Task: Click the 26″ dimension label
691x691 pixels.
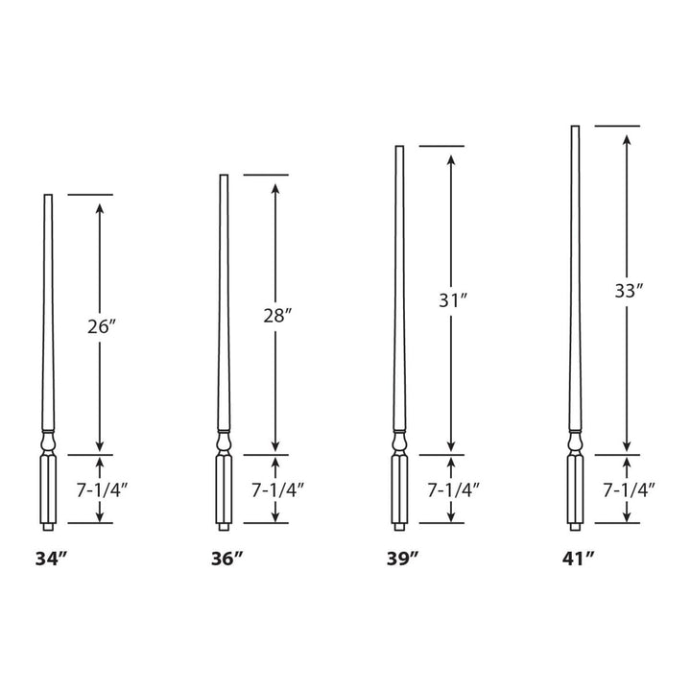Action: pos(101,326)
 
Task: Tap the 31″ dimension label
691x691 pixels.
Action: pos(450,299)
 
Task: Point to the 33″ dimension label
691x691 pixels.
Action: pos(627,292)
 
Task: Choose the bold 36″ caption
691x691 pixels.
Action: pos(226,558)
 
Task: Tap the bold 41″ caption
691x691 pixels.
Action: pos(579,558)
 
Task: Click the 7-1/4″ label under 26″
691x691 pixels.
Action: pos(101,489)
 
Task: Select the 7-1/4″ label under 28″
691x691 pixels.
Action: pos(277,489)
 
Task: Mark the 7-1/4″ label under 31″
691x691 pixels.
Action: pos(452,489)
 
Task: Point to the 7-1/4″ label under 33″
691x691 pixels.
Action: pos(629,489)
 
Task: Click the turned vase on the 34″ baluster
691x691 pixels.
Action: pos(48,442)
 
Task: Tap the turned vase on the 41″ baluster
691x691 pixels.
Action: pos(576,442)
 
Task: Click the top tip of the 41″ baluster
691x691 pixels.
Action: pos(576,128)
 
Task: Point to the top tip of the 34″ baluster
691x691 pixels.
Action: pos(48,197)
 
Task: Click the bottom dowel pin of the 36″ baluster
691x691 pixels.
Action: pos(224,526)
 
